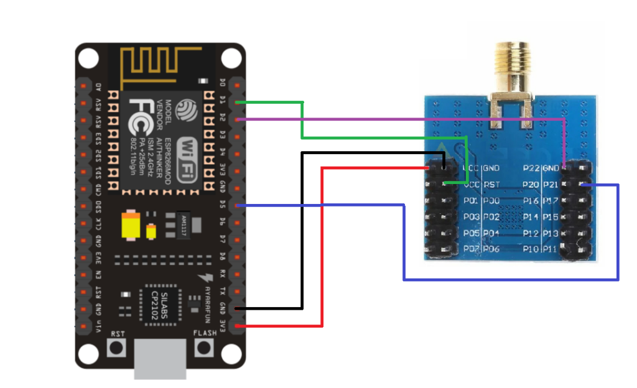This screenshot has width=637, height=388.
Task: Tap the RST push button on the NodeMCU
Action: coord(117,348)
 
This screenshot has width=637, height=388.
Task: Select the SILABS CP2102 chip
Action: coord(160,305)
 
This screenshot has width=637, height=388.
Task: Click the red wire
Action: coord(322,249)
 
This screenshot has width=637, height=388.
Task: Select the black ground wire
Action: coord(302,236)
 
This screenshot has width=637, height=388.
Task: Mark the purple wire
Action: coord(398,119)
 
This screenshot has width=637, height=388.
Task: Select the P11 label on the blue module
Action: coord(550,249)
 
